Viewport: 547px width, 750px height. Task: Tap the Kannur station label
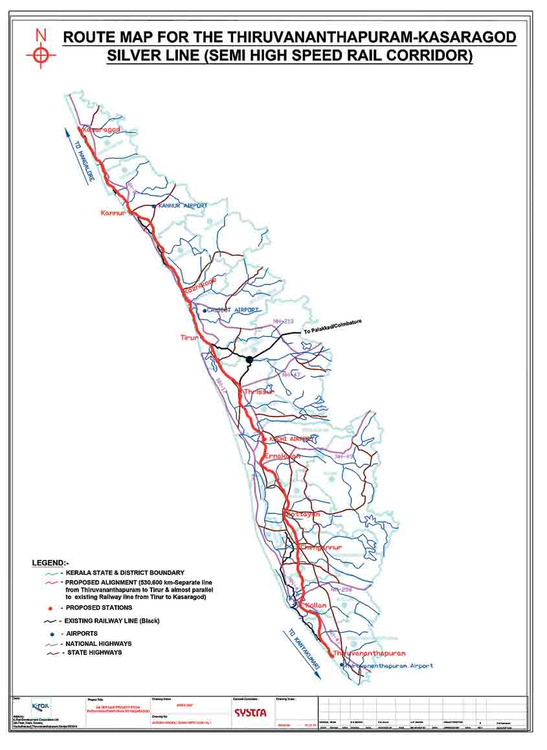(x=112, y=213)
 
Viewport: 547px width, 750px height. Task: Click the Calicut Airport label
(x=233, y=311)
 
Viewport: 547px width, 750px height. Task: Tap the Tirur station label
(x=190, y=337)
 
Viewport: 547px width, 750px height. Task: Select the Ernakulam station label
(x=280, y=456)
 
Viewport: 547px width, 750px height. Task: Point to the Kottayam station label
(x=303, y=515)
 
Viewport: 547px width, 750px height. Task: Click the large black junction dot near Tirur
(x=249, y=359)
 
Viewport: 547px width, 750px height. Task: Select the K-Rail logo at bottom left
(x=41, y=705)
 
